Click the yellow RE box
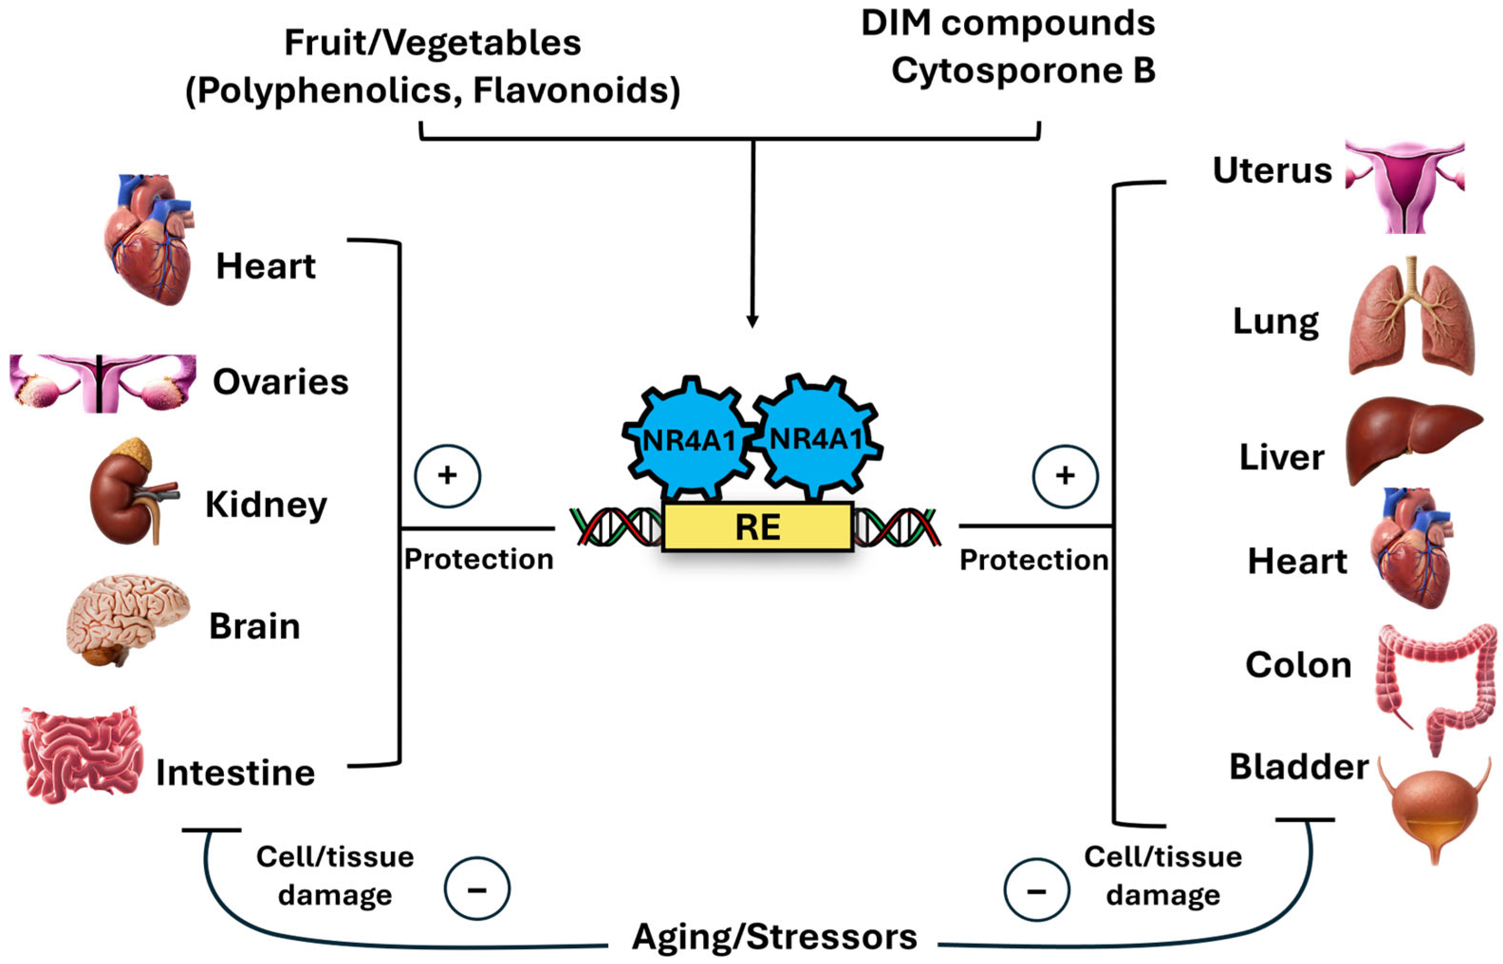(758, 527)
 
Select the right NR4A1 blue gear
(816, 438)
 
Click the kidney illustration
(128, 494)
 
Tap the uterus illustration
(1405, 185)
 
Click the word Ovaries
(280, 382)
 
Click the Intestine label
(235, 773)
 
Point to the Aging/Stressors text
(774, 937)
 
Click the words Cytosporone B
(1023, 71)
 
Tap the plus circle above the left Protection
(447, 476)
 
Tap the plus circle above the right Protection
(1065, 476)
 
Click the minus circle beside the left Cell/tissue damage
(477, 889)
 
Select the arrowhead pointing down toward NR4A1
(752, 321)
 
